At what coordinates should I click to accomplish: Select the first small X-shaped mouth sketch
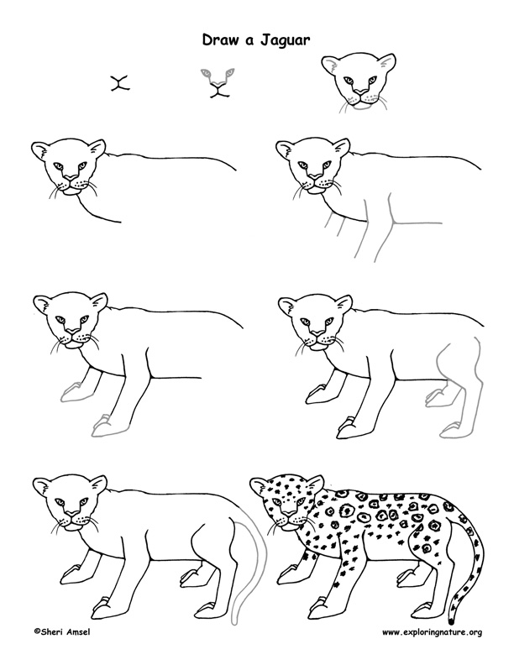[121, 82]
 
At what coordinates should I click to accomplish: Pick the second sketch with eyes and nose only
[218, 85]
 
